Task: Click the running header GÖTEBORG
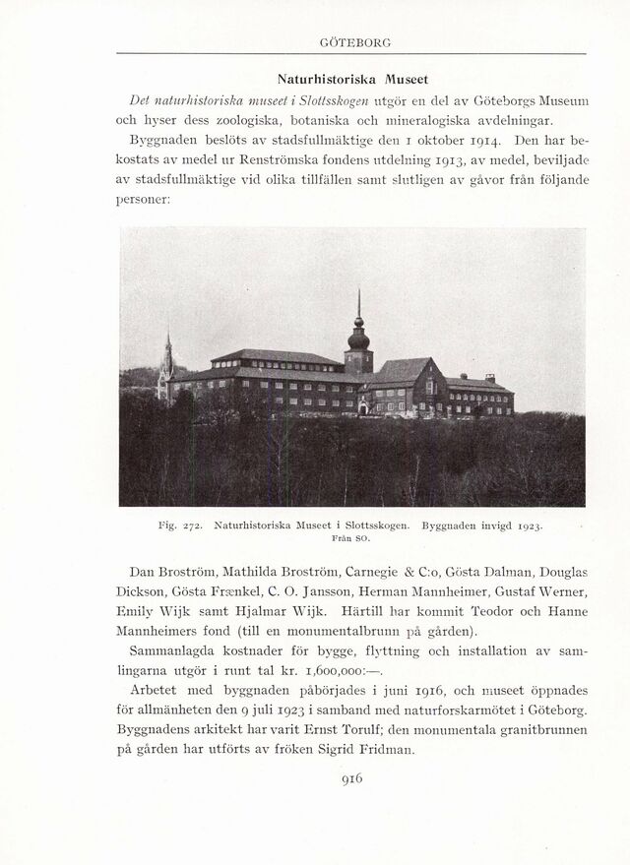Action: pos(355,42)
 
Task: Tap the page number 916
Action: pos(351,776)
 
